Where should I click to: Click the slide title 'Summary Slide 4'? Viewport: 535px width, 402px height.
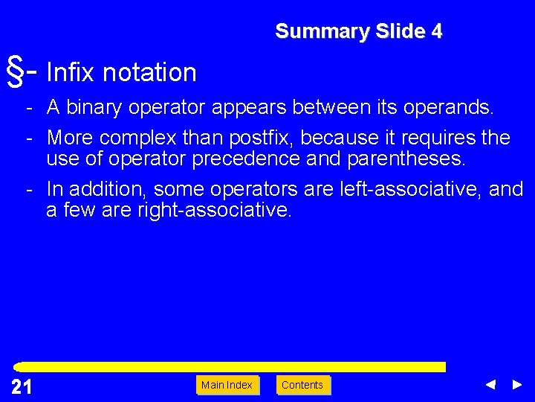358,31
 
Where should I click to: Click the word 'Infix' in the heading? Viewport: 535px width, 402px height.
71,72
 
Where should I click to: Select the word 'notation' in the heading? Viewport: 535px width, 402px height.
149,72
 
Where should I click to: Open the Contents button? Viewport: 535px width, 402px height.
302,385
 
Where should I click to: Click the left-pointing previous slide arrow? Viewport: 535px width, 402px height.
490,385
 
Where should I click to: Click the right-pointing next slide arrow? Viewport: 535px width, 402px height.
517,385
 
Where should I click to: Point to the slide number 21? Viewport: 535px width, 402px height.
22,386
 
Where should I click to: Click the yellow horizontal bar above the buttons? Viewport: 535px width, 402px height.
230,367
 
